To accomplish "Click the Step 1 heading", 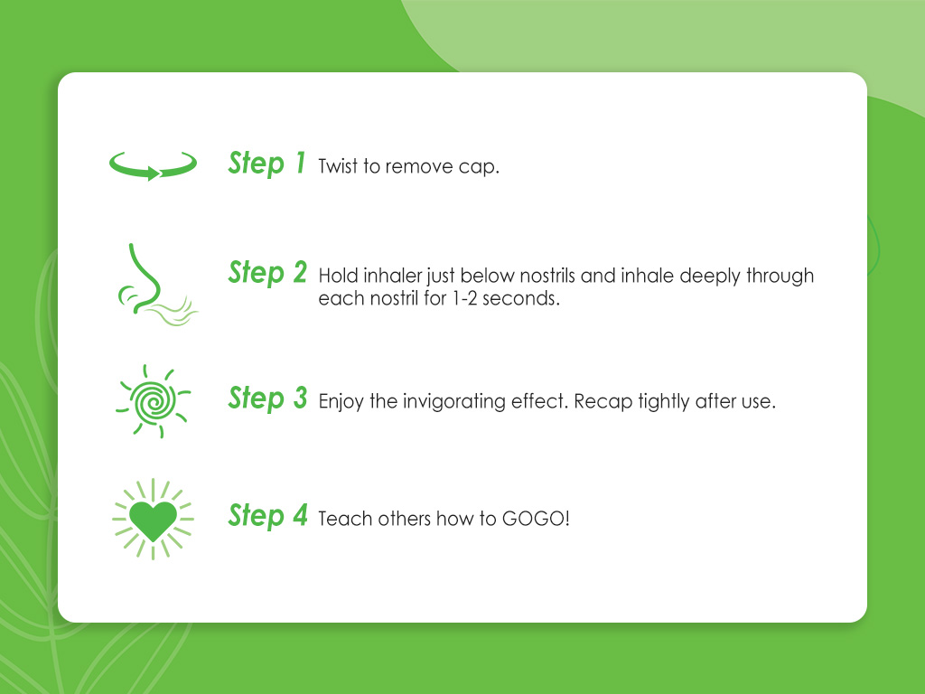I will tap(267, 164).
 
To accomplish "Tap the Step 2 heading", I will tap(267, 272).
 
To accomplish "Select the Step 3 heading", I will tap(267, 398).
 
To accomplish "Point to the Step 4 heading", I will tap(267, 516).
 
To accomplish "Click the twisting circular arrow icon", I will tap(153, 164).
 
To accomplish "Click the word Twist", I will tap(339, 168).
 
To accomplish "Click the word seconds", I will tap(524, 299).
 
